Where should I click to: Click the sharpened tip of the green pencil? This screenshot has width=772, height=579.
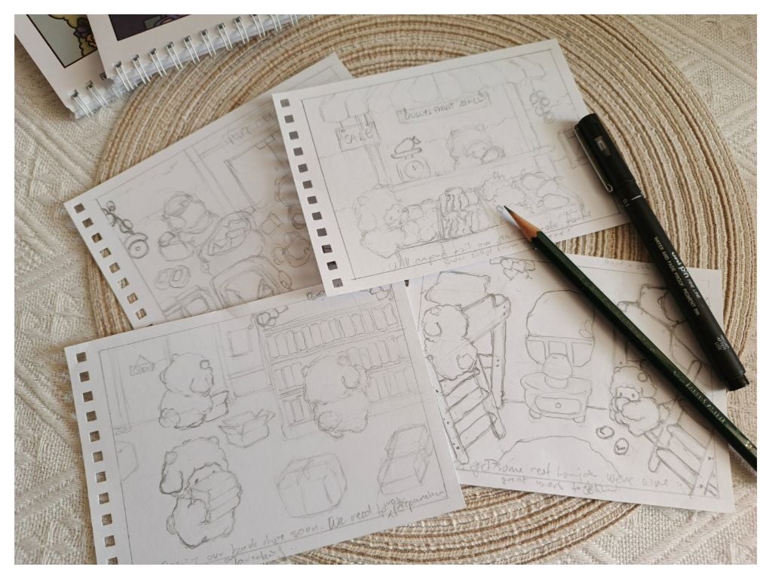click(x=507, y=210)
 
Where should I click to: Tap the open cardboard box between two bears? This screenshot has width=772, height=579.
click(x=247, y=427)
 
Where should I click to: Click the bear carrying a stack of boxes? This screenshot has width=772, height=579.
click(x=198, y=489)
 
